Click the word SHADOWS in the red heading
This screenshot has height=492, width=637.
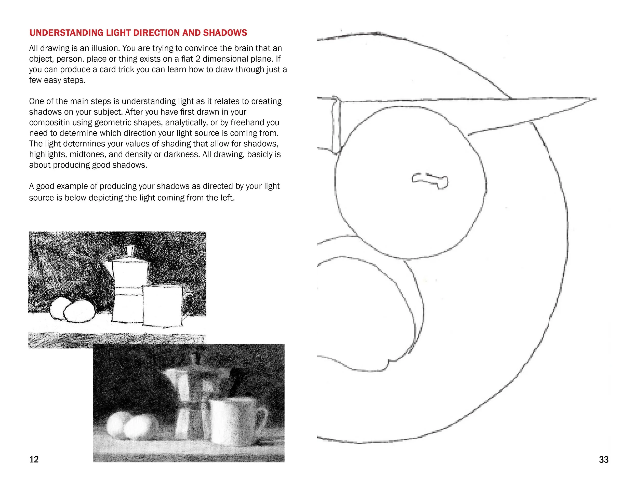(225, 33)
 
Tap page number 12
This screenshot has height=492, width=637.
(34, 459)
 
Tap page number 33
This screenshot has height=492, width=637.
(603, 460)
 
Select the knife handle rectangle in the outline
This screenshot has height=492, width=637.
(336, 125)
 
